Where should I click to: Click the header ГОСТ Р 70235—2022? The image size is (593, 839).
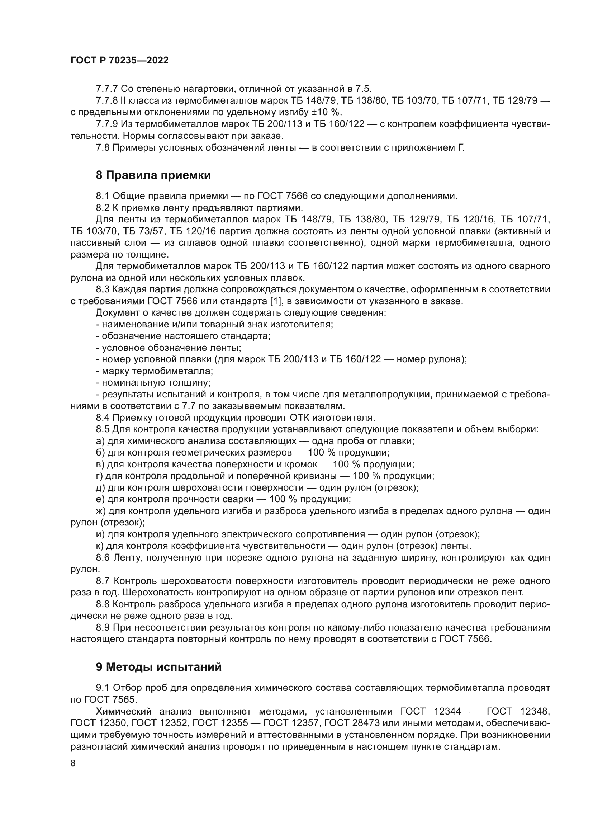(119, 61)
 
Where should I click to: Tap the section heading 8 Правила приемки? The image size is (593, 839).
(153, 175)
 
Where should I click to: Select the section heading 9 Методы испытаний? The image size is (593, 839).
(158, 667)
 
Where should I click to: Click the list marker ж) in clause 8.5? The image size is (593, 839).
(101, 511)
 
